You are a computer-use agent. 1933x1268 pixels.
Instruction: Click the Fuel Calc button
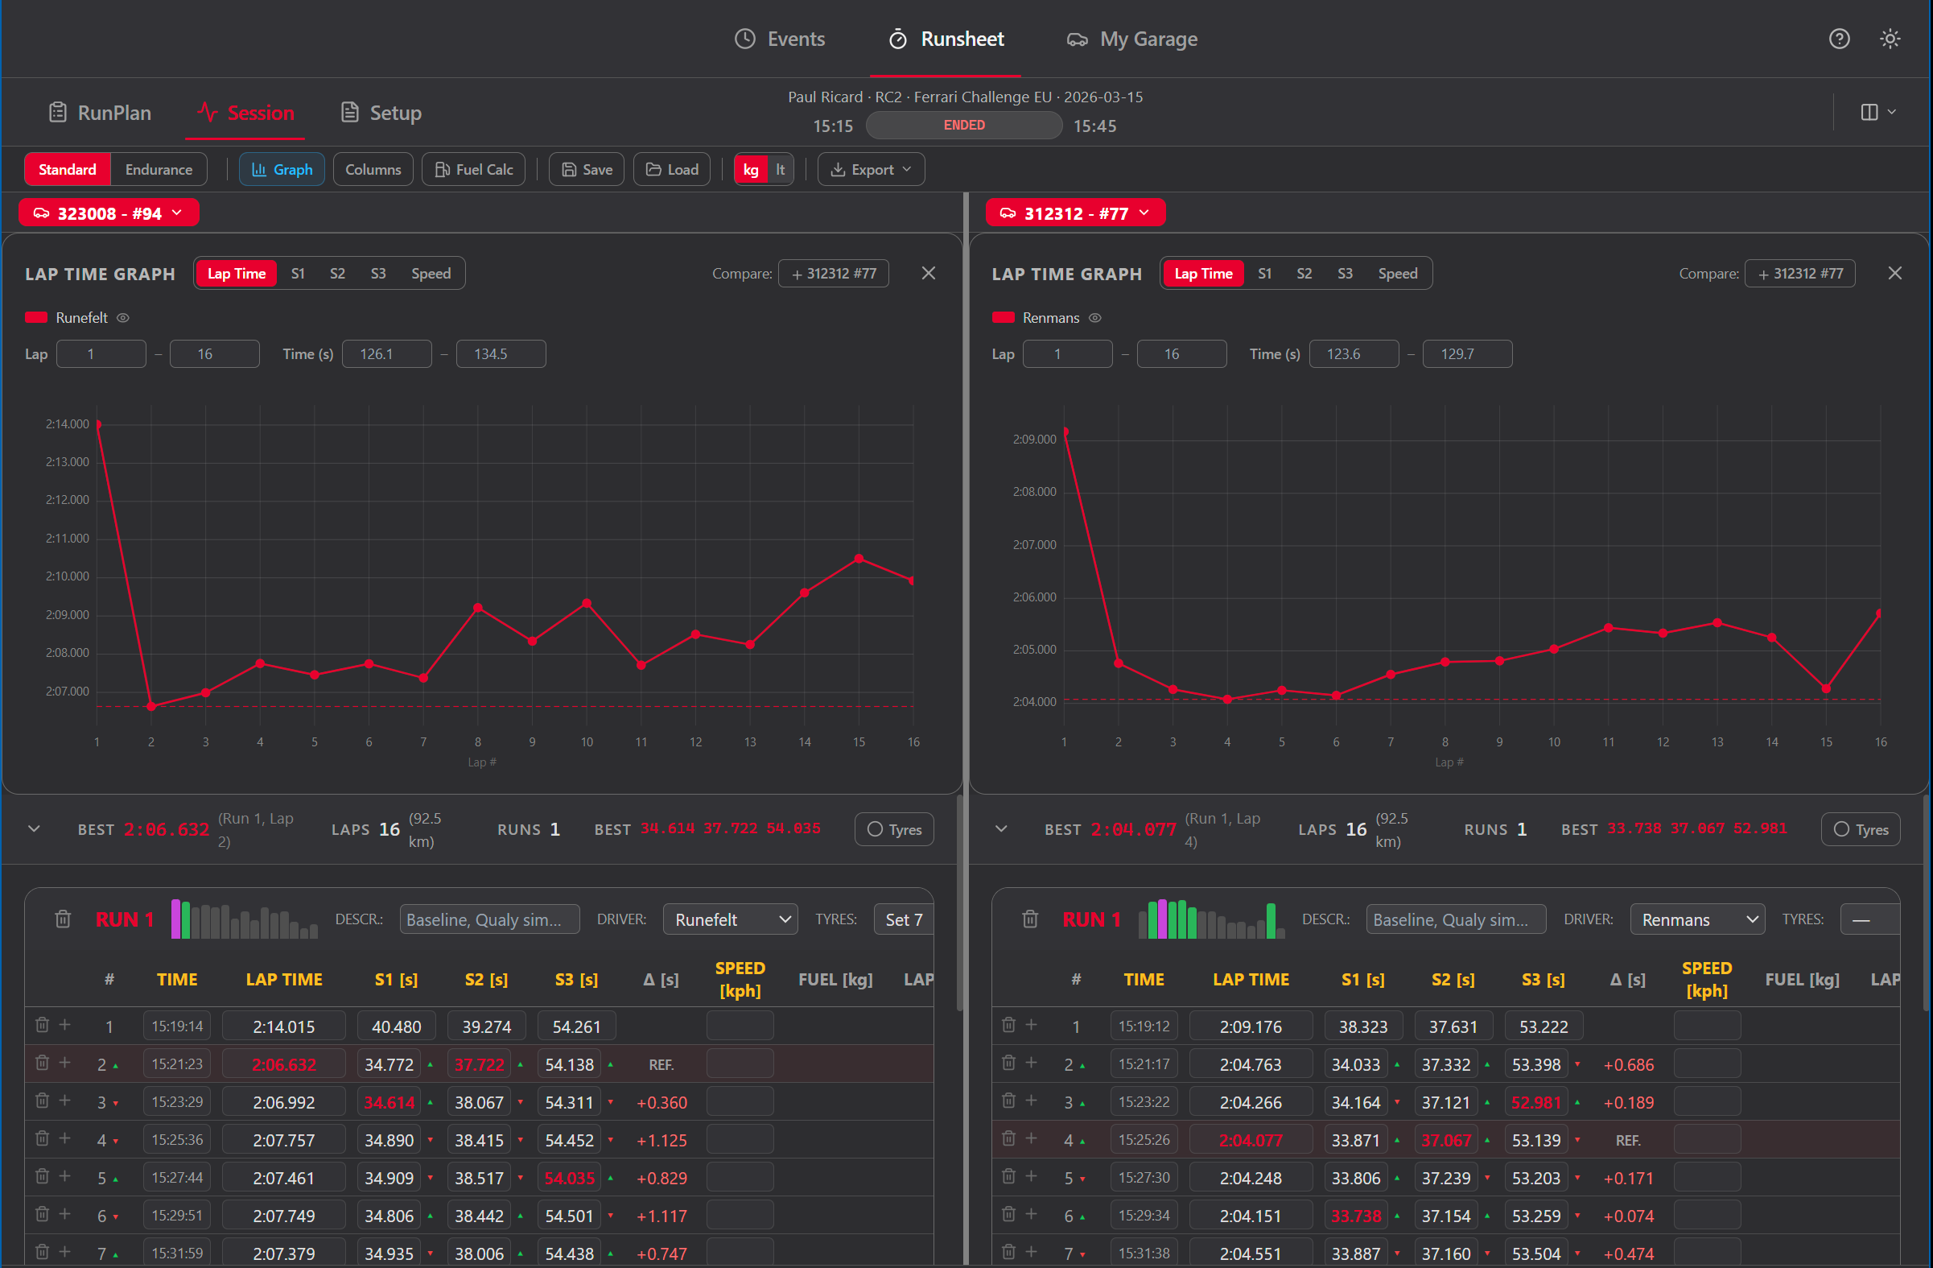pos(474,170)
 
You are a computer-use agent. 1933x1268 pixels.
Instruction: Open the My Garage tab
pos(1132,39)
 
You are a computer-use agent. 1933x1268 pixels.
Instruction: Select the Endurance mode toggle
pos(159,170)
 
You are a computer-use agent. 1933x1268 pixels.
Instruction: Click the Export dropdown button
pos(871,170)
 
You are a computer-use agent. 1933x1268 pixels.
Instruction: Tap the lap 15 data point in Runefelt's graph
pos(859,559)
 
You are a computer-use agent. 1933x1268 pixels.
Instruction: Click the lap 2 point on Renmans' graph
pos(1119,663)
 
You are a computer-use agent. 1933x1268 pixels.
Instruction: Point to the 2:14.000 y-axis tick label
pos(68,424)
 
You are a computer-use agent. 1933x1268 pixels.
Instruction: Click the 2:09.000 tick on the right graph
pos(1034,440)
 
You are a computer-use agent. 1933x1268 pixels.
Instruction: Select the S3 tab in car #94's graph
pos(377,274)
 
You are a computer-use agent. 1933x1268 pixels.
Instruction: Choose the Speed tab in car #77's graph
pos(1397,274)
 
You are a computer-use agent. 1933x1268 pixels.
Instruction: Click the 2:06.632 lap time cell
pos(283,1064)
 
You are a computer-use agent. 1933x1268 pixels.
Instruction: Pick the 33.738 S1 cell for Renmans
pos(1355,1216)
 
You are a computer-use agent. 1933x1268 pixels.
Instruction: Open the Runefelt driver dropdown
pos(730,919)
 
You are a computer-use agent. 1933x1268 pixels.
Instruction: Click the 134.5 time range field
pos(501,354)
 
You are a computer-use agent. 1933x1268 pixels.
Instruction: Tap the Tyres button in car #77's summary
pos(1860,829)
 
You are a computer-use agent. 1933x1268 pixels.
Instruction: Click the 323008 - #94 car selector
pos(109,213)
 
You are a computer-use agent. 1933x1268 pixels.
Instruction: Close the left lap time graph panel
pos(929,274)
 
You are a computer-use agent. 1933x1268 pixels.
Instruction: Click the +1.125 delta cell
pos(662,1141)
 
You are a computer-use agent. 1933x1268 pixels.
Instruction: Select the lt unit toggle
pos(780,170)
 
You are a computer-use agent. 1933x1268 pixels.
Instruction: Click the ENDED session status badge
pos(963,125)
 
